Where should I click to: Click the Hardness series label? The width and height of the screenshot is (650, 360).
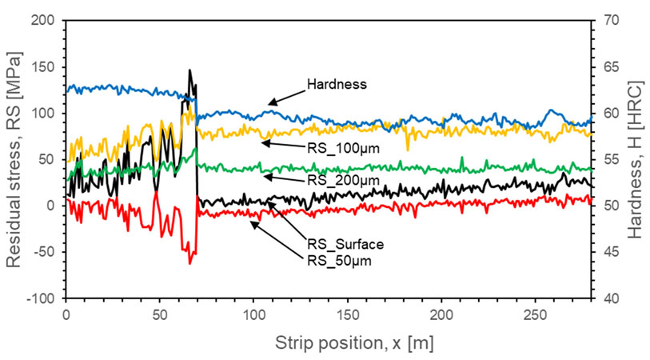pos(336,83)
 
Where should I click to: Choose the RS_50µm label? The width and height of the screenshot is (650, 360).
pos(340,260)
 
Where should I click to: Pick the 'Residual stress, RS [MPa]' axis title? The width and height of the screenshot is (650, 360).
pos(14,159)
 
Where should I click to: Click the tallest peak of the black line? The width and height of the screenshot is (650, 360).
pos(189,70)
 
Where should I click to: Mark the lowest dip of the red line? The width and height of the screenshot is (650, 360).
pos(190,263)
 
